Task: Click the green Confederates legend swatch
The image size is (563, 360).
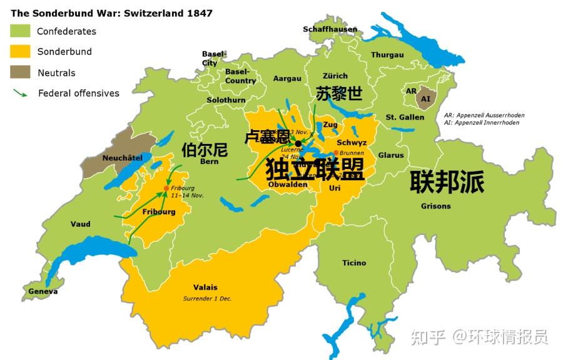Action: click(20, 31)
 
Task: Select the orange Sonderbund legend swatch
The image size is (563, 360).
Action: click(20, 51)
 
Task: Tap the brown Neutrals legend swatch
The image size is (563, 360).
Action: click(20, 72)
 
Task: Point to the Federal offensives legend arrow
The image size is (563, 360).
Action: click(20, 93)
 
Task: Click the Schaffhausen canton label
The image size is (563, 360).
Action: click(330, 29)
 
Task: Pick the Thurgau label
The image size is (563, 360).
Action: click(387, 55)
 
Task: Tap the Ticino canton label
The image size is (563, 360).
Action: click(354, 263)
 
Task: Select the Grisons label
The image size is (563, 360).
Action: click(435, 206)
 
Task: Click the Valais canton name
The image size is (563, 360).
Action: click(205, 287)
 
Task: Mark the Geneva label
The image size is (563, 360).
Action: click(43, 291)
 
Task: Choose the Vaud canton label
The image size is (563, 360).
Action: click(80, 224)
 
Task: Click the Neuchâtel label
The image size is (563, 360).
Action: click(122, 158)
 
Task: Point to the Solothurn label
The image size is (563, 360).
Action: click(226, 100)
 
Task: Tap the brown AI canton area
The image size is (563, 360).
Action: click(426, 99)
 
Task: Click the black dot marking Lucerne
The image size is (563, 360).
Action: click(298, 143)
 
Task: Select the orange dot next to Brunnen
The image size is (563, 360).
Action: click(336, 153)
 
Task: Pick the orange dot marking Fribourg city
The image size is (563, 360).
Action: click(166, 188)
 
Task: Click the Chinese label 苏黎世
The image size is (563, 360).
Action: click(339, 94)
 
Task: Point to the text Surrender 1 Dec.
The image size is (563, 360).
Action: click(207, 299)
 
